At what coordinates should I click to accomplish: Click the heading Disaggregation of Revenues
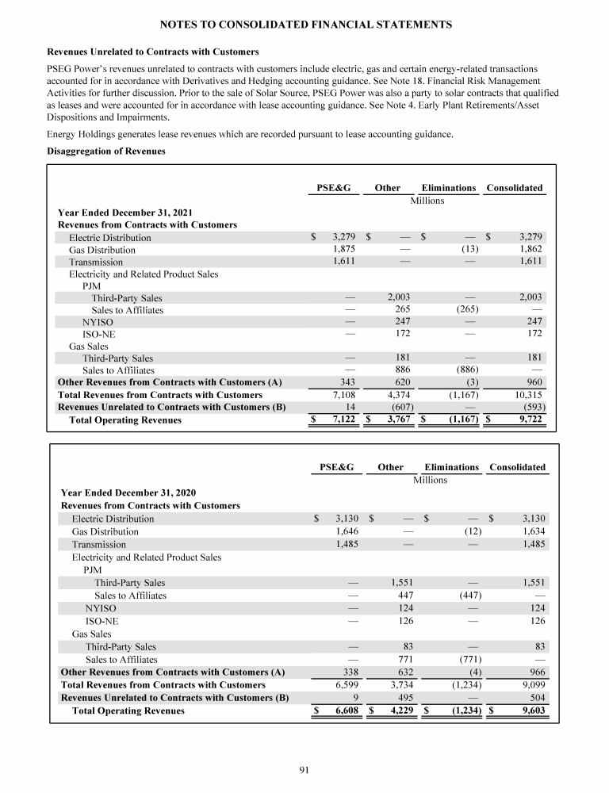coord(107,151)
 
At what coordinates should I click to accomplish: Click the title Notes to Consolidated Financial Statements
coord(304,25)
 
